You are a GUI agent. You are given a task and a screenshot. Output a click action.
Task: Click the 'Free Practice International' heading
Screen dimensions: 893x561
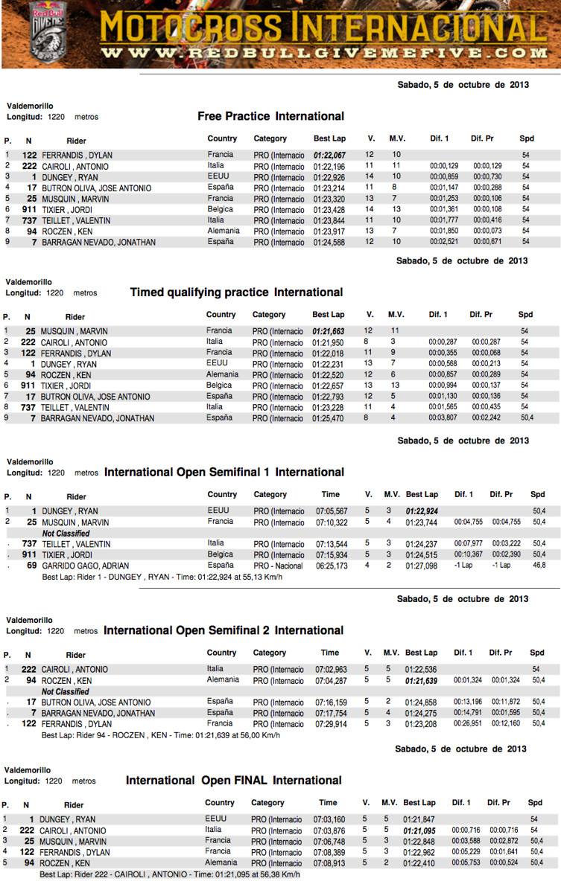(x=270, y=116)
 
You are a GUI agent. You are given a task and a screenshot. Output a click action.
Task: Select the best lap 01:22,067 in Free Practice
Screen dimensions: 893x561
(x=329, y=155)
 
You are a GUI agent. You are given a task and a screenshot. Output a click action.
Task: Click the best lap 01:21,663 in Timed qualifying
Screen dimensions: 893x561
(x=328, y=330)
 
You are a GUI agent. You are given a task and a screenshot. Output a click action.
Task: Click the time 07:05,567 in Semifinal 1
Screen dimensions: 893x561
(x=332, y=511)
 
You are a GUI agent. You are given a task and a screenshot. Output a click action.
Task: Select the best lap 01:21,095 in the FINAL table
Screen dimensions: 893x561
(x=419, y=830)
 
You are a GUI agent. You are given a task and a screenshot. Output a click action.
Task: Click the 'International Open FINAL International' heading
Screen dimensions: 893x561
(x=233, y=781)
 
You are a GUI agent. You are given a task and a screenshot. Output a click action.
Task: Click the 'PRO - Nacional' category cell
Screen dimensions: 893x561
(x=279, y=566)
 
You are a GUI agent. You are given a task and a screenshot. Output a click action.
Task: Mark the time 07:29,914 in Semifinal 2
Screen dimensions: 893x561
(x=332, y=723)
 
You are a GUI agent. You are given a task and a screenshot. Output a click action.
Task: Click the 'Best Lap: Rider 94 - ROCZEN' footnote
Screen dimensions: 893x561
(x=161, y=735)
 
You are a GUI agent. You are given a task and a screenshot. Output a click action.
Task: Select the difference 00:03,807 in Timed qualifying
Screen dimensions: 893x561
(x=443, y=418)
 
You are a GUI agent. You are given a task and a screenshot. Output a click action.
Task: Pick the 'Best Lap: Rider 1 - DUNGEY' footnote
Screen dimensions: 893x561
(x=162, y=577)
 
